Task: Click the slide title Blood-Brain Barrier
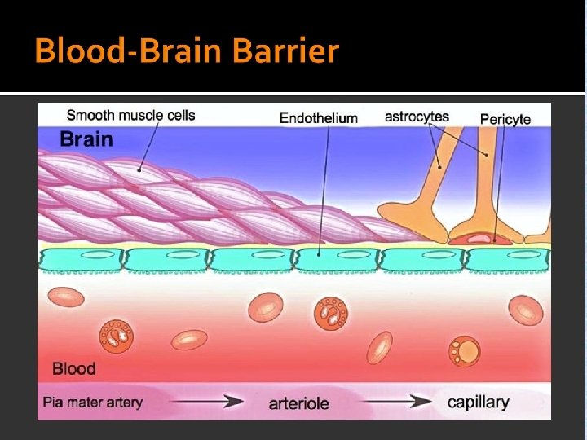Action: click(186, 51)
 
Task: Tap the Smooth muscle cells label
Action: click(130, 115)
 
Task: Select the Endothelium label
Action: click(318, 118)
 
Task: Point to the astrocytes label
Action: click(417, 117)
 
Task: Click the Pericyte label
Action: click(505, 119)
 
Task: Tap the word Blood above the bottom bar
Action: click(73, 368)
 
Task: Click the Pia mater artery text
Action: click(93, 402)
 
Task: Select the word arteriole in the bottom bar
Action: click(298, 403)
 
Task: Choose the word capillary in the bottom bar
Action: click(478, 402)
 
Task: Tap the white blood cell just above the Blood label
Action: click(117, 335)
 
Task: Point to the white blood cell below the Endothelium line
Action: click(332, 310)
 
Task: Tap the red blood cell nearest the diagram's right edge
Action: click(526, 310)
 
